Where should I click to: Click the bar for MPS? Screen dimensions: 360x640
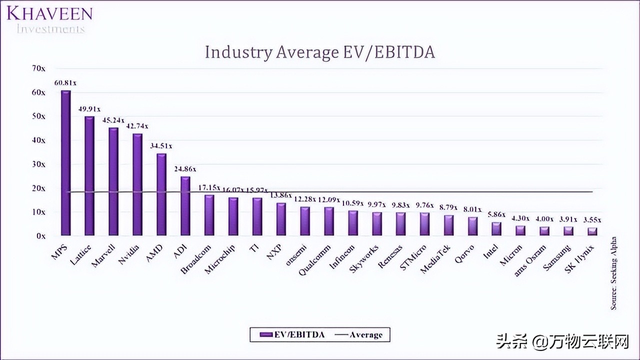65,163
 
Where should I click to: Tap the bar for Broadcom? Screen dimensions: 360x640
209,215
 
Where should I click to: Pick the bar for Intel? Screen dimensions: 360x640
496,228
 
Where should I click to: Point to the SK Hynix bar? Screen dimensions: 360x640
592,231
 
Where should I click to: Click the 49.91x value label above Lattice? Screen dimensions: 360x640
89,108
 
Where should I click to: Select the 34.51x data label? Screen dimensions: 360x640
161,145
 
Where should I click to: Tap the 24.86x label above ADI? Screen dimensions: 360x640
185,169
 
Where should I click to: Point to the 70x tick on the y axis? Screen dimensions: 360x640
39,68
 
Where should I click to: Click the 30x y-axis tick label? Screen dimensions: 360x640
39,164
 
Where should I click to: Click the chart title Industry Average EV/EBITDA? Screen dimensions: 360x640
320,52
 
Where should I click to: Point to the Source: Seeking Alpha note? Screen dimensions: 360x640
613,272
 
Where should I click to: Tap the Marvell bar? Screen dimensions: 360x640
113,181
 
